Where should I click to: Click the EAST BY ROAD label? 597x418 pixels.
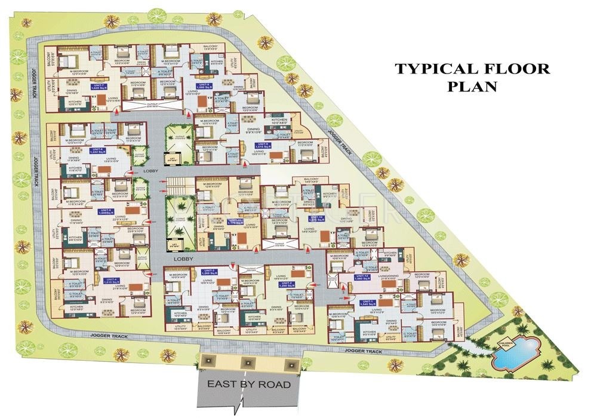coord(250,385)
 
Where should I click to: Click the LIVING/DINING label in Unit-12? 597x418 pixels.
coord(389,280)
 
